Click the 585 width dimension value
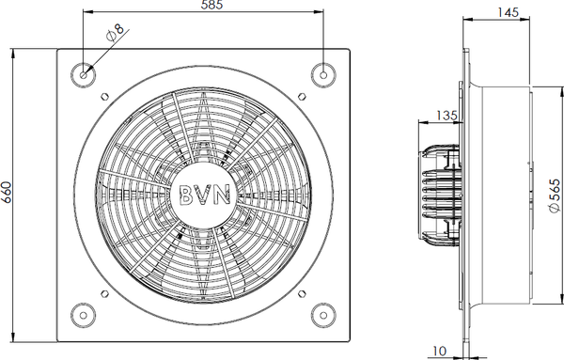[212, 5]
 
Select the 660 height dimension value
[7, 193]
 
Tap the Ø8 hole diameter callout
[115, 33]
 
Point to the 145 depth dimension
[508, 12]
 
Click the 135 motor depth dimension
[446, 116]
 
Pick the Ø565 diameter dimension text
[556, 196]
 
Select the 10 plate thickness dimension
[440, 351]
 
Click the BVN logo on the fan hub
[204, 196]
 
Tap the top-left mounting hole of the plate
[84, 75]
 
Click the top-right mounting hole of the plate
[323, 75]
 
